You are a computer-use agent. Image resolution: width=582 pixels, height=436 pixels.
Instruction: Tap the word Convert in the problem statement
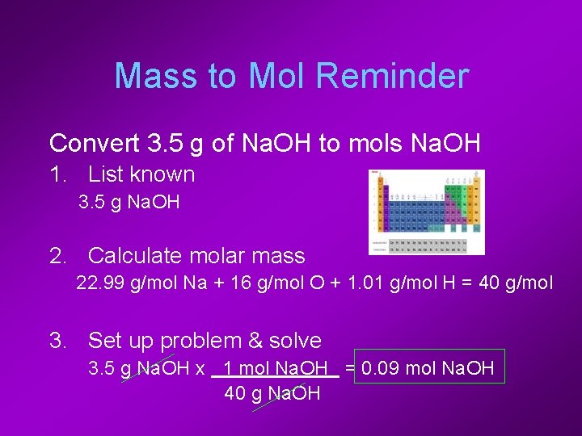click(x=95, y=144)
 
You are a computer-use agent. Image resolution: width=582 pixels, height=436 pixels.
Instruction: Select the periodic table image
click(x=426, y=212)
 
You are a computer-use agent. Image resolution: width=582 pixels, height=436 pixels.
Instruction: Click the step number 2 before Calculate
click(x=57, y=257)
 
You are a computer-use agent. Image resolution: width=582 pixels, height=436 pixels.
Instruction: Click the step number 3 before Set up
click(x=57, y=341)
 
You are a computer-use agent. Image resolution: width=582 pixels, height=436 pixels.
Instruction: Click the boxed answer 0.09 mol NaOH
click(x=428, y=369)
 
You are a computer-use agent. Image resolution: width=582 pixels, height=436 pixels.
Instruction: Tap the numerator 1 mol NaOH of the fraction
click(x=275, y=369)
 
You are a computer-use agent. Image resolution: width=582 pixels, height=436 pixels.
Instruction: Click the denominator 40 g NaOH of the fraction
click(x=272, y=394)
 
